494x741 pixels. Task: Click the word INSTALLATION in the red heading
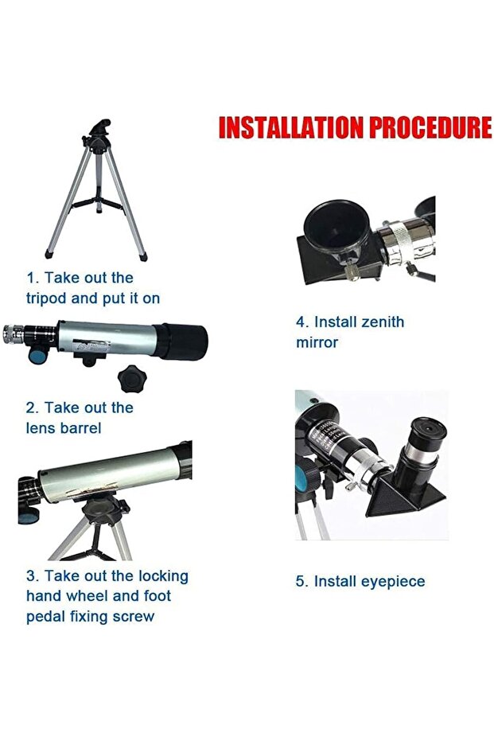[x=291, y=127]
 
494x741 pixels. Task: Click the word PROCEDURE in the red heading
[x=430, y=127]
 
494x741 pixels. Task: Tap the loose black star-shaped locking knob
[x=132, y=379]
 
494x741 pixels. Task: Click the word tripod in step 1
[x=46, y=299]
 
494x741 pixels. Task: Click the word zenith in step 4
[x=383, y=322]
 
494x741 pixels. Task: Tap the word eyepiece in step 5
[x=393, y=582]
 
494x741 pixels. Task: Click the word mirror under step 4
[x=317, y=342]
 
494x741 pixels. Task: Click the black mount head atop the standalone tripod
[x=98, y=135]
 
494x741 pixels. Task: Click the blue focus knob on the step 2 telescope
[x=37, y=354]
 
